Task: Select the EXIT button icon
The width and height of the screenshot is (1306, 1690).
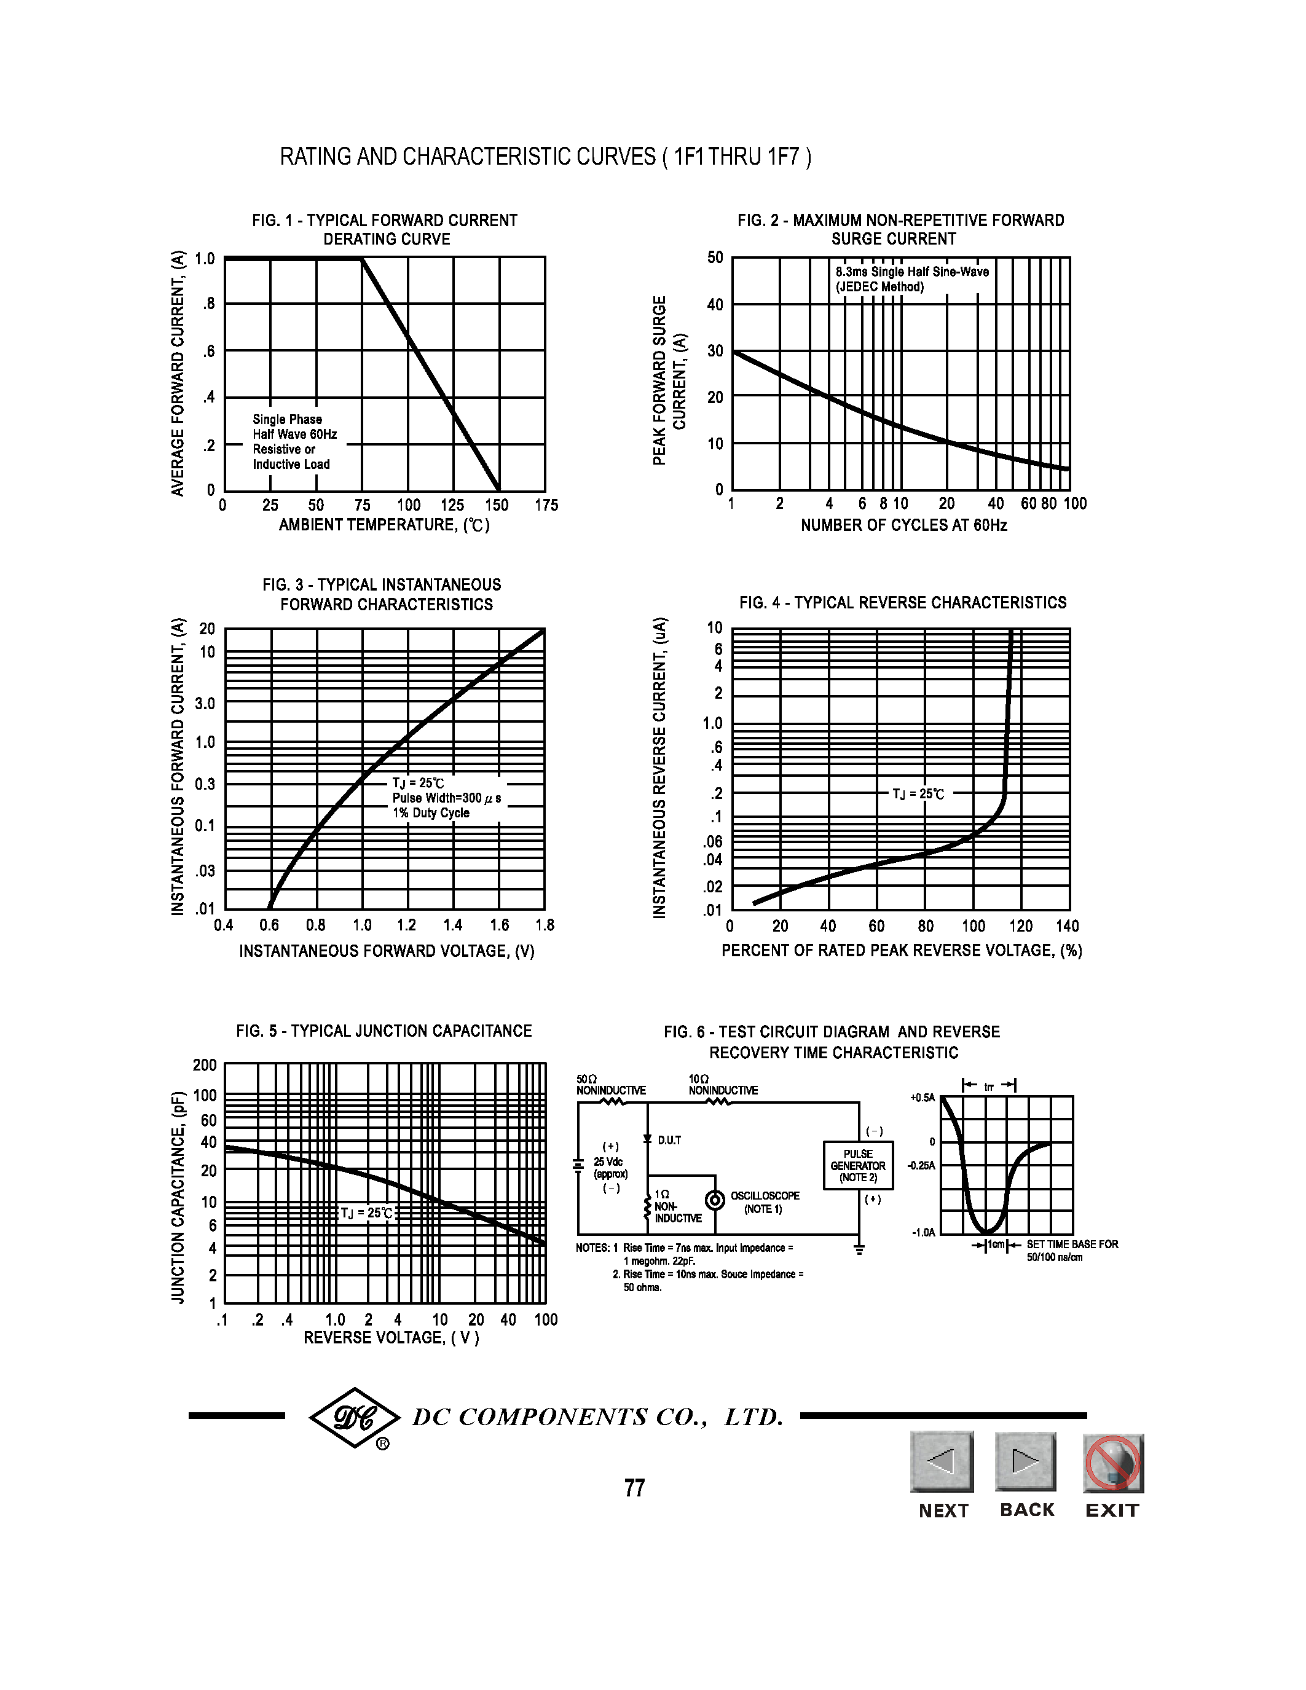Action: pyautogui.click(x=1112, y=1463)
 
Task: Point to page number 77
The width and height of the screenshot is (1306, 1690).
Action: pyautogui.click(x=634, y=1488)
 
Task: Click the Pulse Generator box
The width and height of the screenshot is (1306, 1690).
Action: pyautogui.click(x=858, y=1165)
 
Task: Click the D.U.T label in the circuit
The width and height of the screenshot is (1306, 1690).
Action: pyautogui.click(x=669, y=1141)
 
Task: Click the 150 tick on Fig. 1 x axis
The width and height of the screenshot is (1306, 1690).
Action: pyautogui.click(x=497, y=505)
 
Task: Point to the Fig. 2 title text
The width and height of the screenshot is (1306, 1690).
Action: pyautogui.click(x=900, y=230)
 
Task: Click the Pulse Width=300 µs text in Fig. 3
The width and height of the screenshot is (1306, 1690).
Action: pyautogui.click(x=446, y=798)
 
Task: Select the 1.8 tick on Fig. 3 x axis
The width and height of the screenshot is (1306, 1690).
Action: pyautogui.click(x=545, y=925)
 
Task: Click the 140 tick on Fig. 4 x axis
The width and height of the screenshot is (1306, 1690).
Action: pyautogui.click(x=1067, y=926)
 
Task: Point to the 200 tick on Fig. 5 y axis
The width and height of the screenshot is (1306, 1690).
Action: pyautogui.click(x=205, y=1065)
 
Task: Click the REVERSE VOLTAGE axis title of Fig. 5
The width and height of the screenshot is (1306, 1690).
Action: pyautogui.click(x=391, y=1338)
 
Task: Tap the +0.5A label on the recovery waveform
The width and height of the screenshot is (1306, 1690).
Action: pyautogui.click(x=922, y=1097)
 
